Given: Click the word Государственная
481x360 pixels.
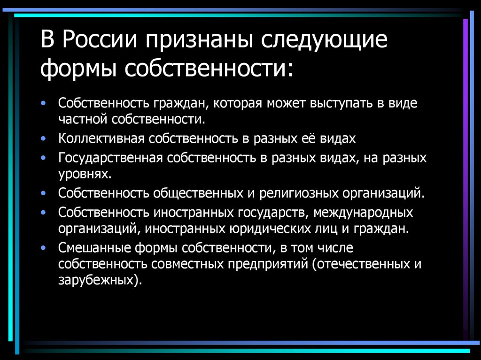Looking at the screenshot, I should point(110,158).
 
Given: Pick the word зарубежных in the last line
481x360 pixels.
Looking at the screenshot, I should point(98,281).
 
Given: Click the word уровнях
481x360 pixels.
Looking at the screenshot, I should point(85,174).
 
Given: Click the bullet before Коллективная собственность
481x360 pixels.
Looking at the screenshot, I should point(44,139).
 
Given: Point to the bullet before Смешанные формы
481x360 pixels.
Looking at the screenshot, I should point(44,247).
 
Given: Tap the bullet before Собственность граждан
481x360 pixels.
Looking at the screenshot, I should point(44,103).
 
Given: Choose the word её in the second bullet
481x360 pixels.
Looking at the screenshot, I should point(310,139).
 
